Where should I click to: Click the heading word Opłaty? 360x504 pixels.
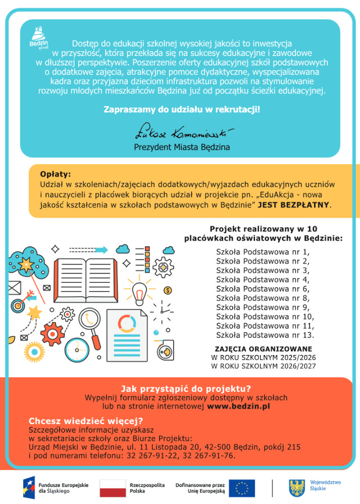click(x=56, y=175)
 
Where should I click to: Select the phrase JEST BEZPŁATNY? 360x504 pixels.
click(x=294, y=205)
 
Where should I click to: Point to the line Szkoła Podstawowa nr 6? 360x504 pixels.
click(x=263, y=289)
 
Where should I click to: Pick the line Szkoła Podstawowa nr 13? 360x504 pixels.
click(x=265, y=335)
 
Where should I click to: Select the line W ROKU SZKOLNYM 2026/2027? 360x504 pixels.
click(x=263, y=366)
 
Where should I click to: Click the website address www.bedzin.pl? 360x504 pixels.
click(x=239, y=406)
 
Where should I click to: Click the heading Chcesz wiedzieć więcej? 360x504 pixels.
click(x=86, y=421)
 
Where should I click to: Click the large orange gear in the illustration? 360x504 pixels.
click(x=52, y=334)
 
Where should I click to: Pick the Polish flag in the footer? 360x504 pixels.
click(x=113, y=488)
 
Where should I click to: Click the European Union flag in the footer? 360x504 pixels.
click(x=242, y=488)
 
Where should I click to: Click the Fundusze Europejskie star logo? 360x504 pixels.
click(x=28, y=488)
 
